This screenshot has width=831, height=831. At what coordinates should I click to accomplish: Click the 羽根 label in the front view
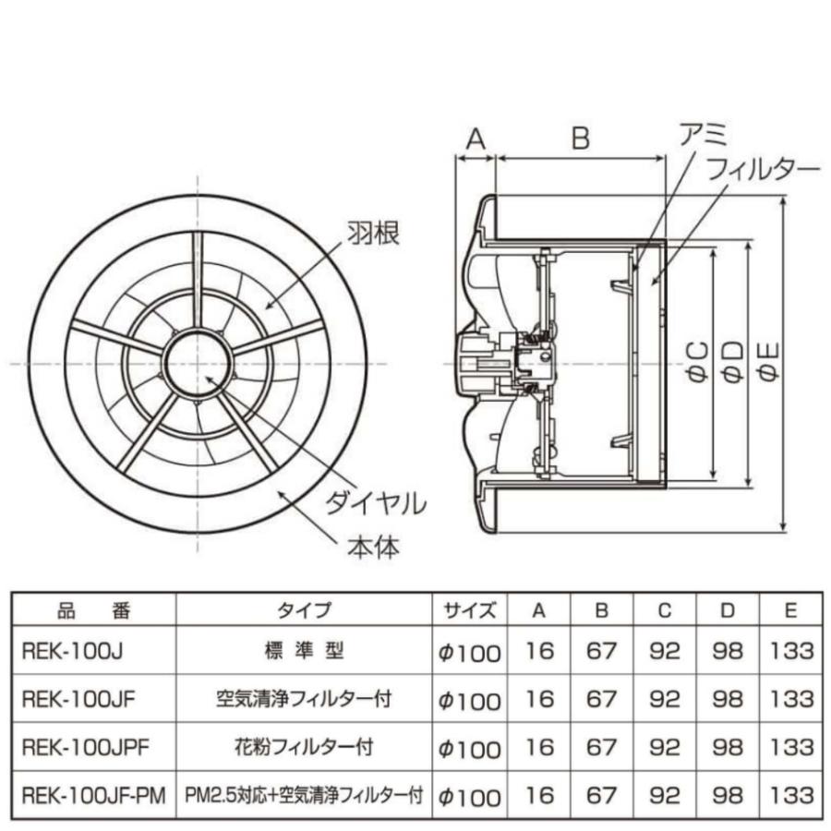point(374,235)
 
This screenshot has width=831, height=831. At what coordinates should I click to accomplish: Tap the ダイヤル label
point(375,504)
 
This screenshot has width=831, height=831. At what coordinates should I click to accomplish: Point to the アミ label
point(704,137)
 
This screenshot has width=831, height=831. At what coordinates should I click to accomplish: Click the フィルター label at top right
point(762,171)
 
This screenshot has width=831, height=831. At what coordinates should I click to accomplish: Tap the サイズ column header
point(469,610)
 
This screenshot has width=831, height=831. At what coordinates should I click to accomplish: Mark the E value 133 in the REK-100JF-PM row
point(792,795)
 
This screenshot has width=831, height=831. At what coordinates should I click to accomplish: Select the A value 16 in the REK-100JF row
point(539,700)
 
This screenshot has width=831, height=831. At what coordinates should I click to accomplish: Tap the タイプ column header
point(304,610)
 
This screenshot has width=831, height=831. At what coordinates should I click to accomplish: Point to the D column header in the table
point(728,610)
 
